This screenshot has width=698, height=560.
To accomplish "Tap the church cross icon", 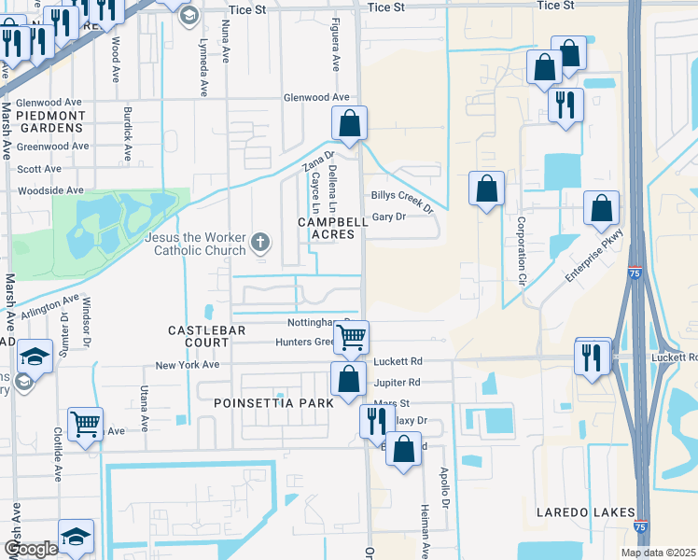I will click(x=260, y=245).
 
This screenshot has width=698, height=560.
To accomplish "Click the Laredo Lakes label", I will click(x=585, y=512).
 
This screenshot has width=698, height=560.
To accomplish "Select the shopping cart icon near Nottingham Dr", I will click(x=351, y=337).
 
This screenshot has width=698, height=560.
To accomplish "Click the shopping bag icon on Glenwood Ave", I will click(x=349, y=122).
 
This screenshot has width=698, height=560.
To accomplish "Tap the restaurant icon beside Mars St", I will click(x=377, y=420).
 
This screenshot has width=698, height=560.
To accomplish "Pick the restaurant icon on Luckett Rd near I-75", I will click(x=593, y=356).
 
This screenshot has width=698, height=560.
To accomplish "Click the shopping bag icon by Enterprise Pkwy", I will click(x=602, y=208).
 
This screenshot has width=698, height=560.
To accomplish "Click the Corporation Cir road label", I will click(x=521, y=252).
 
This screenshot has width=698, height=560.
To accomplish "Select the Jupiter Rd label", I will click(x=397, y=383).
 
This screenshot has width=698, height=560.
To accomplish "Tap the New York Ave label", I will click(x=187, y=365).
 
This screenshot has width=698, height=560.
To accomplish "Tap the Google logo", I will click(x=31, y=548).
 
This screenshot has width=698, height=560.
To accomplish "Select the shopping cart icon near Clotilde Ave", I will click(x=85, y=424).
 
